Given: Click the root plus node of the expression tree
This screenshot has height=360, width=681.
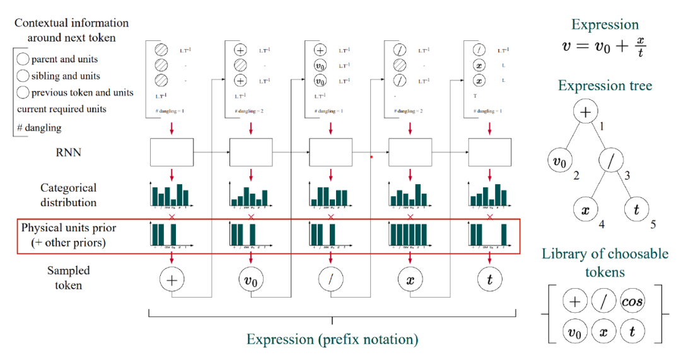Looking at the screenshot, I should (x=585, y=112).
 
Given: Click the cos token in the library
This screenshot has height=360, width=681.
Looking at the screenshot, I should (x=632, y=301).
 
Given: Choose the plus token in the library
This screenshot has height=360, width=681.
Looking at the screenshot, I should (x=574, y=301).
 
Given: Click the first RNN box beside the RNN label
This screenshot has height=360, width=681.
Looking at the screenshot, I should (x=172, y=152).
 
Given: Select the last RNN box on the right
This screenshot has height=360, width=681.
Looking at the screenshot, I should (x=489, y=152).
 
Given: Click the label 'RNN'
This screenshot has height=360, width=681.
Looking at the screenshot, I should (x=69, y=151).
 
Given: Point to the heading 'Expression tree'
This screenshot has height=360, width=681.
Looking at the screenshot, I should (x=605, y=86).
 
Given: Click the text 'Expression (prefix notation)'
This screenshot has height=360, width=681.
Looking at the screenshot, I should (x=332, y=339).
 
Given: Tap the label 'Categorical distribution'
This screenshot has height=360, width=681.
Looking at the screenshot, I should (x=69, y=195).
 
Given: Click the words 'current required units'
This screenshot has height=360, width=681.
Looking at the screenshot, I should (x=61, y=109).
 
